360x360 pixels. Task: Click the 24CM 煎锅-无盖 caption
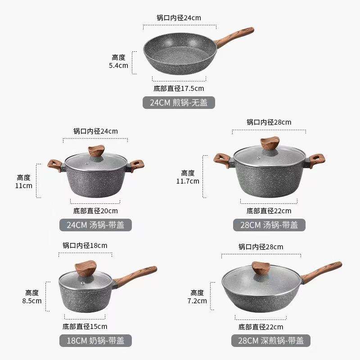pyautogui.click(x=179, y=103)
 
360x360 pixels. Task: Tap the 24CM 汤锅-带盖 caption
pyautogui.click(x=95, y=225)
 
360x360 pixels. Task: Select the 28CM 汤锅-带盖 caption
pyautogui.click(x=268, y=225)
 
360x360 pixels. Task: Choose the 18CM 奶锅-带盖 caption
pyautogui.click(x=95, y=340)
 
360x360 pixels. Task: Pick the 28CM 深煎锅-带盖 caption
pyautogui.click(x=268, y=340)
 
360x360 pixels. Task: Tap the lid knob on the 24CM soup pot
pyautogui.click(x=96, y=150)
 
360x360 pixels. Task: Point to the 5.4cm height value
pyautogui.click(x=118, y=65)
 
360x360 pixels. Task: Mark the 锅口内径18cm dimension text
pyautogui.click(x=85, y=246)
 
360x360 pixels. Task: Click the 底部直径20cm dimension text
pyautogui.click(x=95, y=211)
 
